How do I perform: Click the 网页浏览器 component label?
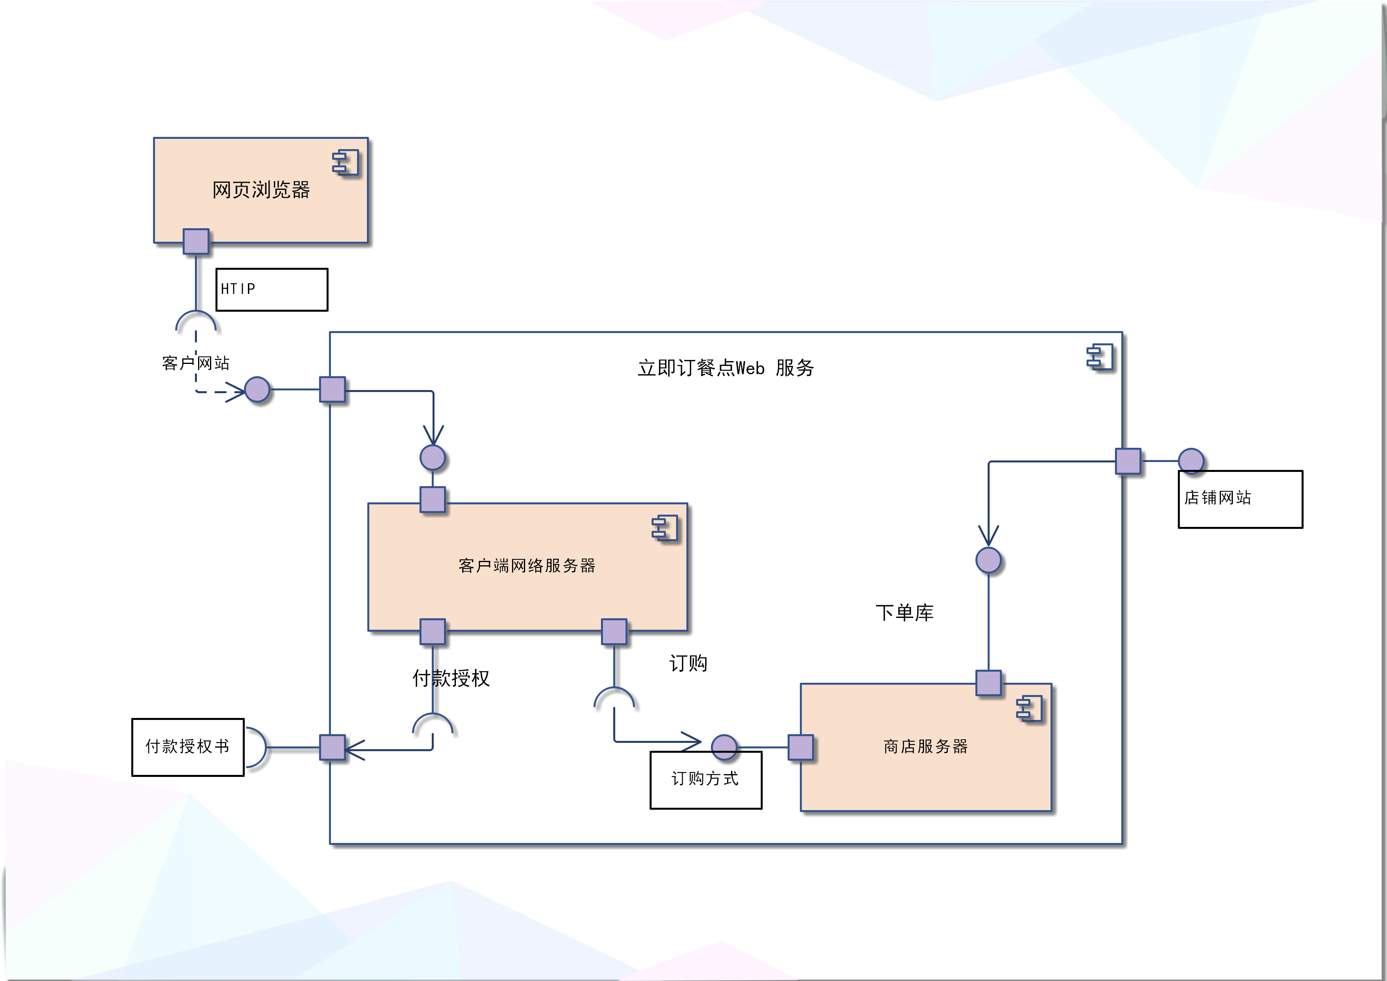(261, 190)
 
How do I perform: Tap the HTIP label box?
(272, 290)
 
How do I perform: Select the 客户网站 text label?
(196, 363)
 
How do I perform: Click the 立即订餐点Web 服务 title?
(726, 367)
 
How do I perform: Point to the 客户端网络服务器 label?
(527, 565)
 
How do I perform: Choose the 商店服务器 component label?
(926, 746)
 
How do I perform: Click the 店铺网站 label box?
(1240, 499)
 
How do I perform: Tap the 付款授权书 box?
(188, 747)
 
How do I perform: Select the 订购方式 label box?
(706, 780)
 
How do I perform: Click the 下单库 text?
(904, 612)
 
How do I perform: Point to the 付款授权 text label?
(451, 678)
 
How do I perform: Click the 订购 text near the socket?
(688, 663)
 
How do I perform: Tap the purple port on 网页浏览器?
(197, 242)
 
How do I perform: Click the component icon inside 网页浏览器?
(346, 163)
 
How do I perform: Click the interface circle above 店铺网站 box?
(1190, 461)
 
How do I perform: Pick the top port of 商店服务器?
(988, 683)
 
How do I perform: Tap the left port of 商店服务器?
(801, 747)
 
